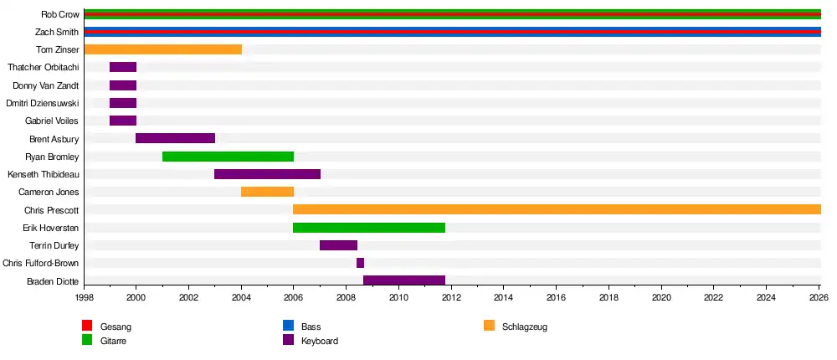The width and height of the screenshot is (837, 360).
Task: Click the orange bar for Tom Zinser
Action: [163, 49]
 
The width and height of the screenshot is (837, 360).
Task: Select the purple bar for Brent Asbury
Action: [176, 138]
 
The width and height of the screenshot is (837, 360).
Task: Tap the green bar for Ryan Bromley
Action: [228, 157]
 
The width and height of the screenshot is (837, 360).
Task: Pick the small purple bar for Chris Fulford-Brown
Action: [360, 263]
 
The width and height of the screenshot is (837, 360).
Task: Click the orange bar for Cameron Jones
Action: [268, 192]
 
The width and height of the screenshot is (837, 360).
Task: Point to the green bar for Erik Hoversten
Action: [369, 228]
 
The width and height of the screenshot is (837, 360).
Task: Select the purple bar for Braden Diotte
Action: [404, 280]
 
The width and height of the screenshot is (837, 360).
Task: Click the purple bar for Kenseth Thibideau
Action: [268, 174]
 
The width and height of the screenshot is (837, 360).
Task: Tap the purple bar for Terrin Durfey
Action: [338, 245]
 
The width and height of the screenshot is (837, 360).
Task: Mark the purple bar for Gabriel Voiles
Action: [123, 121]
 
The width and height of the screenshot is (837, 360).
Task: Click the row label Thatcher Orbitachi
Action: [44, 67]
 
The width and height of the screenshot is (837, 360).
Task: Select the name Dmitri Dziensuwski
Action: [42, 103]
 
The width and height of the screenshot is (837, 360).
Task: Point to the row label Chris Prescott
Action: [52, 210]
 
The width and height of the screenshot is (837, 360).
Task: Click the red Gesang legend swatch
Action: [87, 326]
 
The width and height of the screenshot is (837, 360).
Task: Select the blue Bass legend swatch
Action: [288, 326]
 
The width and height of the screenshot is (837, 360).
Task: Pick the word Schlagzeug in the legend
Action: [525, 327]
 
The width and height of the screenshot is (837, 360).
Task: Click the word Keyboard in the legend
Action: [320, 341]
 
